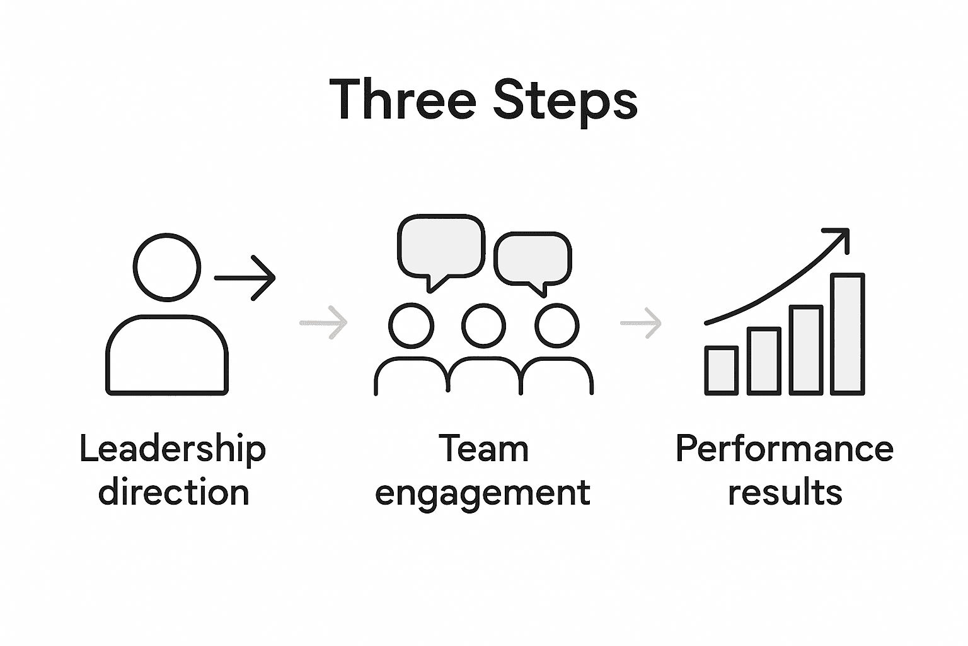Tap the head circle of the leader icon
pos(167,267)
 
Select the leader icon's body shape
pos(167,356)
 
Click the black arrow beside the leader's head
pos(246,278)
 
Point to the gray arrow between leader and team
pos(324,323)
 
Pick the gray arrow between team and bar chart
pos(642,323)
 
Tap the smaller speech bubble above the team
pos(533,259)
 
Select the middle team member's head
pos(483,326)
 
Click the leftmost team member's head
pos(411,326)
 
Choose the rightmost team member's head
pos(556,326)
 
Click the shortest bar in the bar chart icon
pos(721,371)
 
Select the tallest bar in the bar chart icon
pos(847,334)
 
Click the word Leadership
pos(173,450)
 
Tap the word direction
pos(174,493)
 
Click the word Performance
pos(784,450)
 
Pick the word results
pos(785,493)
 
